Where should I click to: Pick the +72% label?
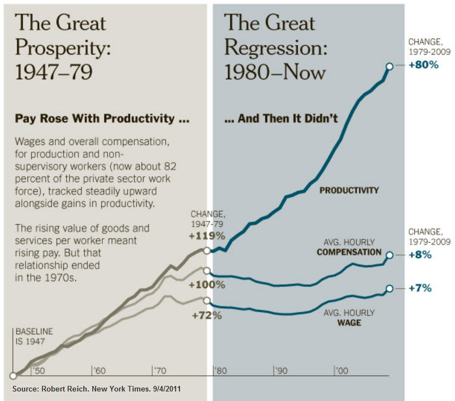point(207,315)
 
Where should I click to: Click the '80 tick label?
point(221,371)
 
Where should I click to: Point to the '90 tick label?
point(281,371)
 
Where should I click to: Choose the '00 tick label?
point(342,371)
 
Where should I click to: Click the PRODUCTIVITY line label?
point(349,190)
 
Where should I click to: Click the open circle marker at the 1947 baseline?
point(13,376)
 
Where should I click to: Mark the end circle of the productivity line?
point(389,65)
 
